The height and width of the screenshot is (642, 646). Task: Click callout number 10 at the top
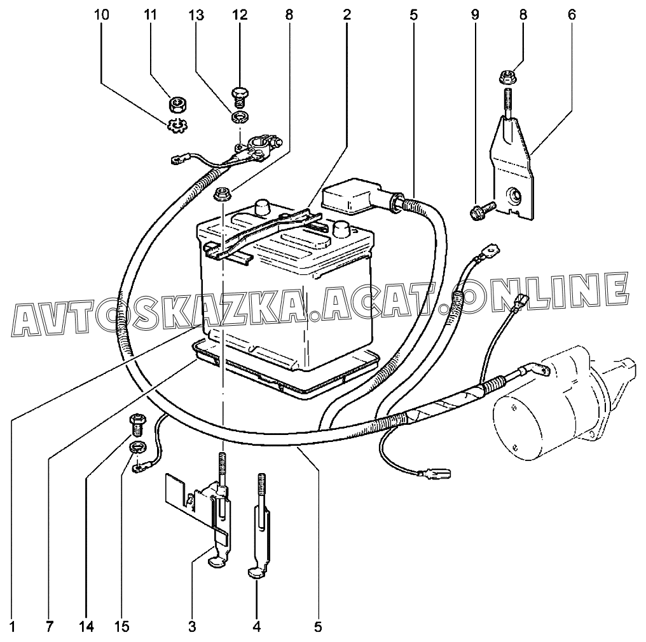(102, 14)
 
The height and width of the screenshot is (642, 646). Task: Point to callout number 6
(571, 14)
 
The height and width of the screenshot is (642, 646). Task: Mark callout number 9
(475, 14)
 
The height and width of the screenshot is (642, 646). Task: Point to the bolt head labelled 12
(240, 95)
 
